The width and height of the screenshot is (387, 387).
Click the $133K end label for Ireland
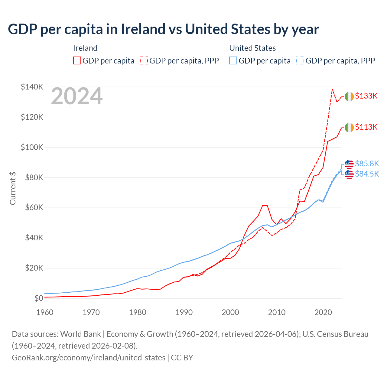[366, 96]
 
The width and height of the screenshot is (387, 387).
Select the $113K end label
[366, 127]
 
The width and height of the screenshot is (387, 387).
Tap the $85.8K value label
[367, 164]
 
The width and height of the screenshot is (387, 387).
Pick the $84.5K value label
[367, 174]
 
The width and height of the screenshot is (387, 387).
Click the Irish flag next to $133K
[349, 96]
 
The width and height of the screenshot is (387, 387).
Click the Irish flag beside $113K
[349, 128]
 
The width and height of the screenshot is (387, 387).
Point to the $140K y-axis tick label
[32, 87]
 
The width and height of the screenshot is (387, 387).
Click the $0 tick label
[39, 298]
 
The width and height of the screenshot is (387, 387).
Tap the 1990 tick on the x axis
[184, 312]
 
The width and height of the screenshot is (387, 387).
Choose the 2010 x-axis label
[277, 312]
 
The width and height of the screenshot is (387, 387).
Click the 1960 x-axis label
[45, 312]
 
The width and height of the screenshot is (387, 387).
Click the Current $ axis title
[13, 188]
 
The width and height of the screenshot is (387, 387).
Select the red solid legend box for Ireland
[77, 61]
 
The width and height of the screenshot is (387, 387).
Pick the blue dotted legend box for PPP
[300, 61]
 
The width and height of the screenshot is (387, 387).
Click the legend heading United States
[252, 48]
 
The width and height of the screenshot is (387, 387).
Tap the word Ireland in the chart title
[143, 29]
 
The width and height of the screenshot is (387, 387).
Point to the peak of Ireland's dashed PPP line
[332, 89]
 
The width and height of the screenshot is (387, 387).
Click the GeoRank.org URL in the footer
[89, 358]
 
